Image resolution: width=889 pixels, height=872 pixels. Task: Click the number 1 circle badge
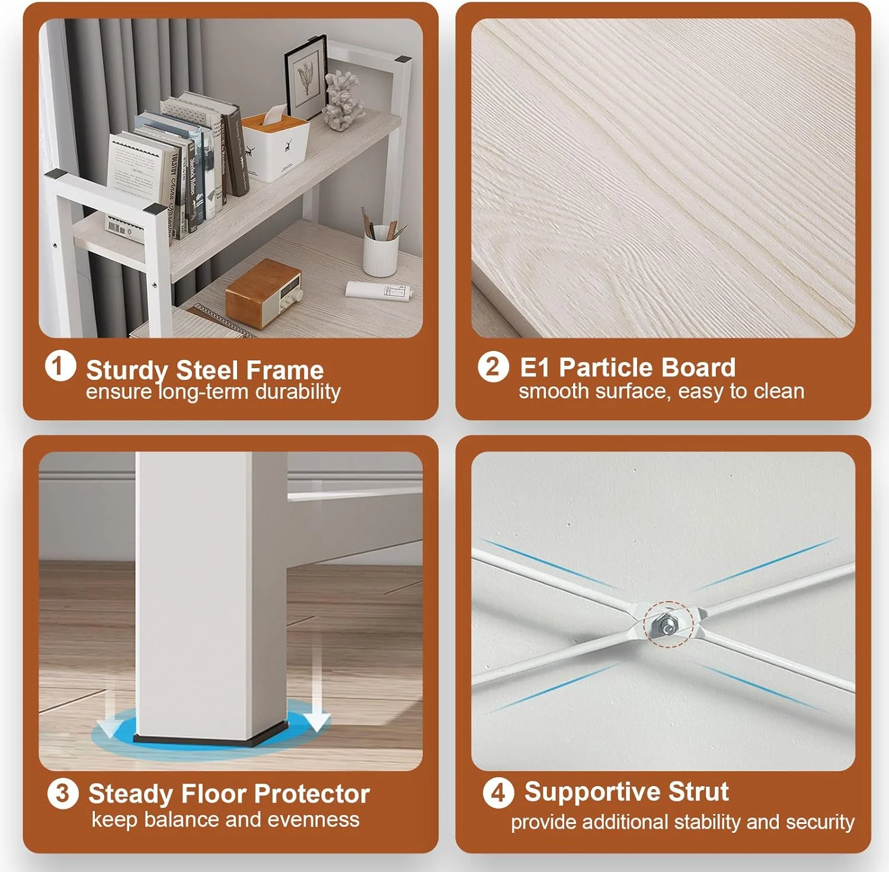coord(60,366)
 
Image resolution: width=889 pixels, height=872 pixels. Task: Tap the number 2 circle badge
coord(493,367)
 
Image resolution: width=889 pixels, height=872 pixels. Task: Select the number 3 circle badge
coord(63,794)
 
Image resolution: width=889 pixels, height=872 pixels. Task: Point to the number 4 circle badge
coord(498,793)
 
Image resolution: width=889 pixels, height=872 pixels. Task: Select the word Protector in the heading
coord(312,794)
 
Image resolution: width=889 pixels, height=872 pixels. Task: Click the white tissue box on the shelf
coord(276,145)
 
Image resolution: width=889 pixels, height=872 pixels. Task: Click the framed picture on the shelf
coord(306,78)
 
